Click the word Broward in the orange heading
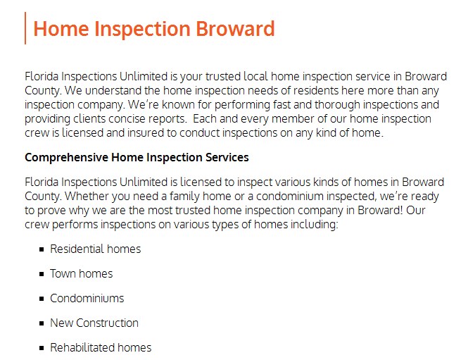[235, 29]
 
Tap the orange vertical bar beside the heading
[25, 28]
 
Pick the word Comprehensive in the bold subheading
[66, 157]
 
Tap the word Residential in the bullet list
[77, 249]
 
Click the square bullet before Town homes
[42, 274]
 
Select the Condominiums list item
[87, 298]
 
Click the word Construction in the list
[107, 323]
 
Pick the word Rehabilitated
[82, 348]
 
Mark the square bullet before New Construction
[42, 323]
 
